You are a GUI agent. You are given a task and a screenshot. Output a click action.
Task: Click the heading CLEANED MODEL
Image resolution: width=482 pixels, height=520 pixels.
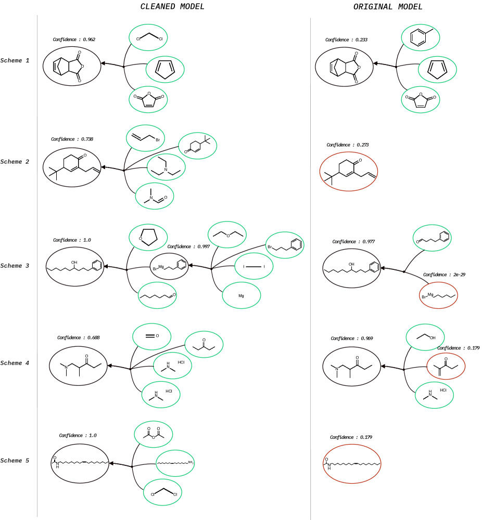click(172, 7)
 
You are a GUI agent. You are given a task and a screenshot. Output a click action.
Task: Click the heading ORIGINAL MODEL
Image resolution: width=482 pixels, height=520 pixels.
click(388, 7)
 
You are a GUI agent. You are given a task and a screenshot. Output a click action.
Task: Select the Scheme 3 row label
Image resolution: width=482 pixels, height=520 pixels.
click(15, 266)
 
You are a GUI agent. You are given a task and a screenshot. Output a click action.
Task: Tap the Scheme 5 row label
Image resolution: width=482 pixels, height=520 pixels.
click(15, 461)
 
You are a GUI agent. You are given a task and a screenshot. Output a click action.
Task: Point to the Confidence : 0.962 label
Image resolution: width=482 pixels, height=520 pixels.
click(74, 40)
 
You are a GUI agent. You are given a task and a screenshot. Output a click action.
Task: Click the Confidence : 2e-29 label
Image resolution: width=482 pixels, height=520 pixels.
click(444, 275)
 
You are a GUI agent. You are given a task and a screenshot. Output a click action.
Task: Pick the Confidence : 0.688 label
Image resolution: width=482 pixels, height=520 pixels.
click(78, 337)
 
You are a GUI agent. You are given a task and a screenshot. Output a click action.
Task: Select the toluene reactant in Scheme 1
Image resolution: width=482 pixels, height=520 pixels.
click(421, 37)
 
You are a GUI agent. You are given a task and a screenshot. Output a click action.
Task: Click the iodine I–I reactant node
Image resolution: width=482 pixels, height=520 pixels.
click(254, 266)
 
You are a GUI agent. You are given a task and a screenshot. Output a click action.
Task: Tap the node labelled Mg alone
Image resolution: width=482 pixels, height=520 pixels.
click(242, 295)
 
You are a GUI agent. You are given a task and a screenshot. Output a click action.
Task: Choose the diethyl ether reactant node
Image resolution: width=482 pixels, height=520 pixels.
click(227, 235)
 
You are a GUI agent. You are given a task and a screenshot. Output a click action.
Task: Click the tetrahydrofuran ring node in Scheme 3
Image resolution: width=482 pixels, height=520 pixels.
click(148, 237)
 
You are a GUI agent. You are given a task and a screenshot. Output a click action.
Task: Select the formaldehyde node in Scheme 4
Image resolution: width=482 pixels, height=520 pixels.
click(152, 336)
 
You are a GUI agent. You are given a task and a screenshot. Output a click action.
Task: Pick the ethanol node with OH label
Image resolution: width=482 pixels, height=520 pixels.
click(425, 337)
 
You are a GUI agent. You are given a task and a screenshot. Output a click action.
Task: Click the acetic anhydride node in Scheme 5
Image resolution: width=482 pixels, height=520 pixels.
click(154, 434)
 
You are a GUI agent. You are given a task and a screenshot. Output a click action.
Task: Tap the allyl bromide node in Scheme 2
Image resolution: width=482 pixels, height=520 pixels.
click(145, 138)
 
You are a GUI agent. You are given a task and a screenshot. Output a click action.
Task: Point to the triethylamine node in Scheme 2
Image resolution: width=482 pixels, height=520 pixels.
click(166, 167)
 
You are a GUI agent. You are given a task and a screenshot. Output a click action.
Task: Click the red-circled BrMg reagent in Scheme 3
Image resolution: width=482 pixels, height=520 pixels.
click(439, 295)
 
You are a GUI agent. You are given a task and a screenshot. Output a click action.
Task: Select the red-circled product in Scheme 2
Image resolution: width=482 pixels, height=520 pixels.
click(349, 171)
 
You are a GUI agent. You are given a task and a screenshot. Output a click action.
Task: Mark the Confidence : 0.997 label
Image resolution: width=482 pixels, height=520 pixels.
click(188, 246)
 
